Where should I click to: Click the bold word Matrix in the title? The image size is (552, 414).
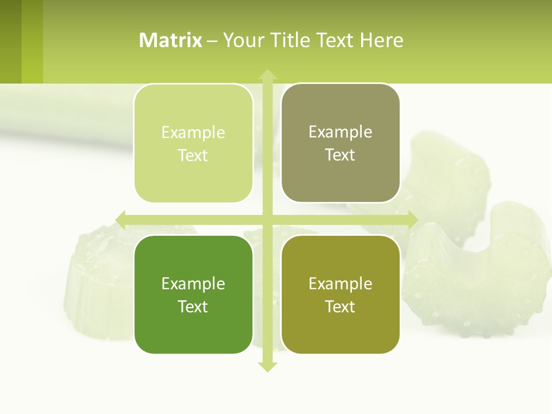(x=171, y=40)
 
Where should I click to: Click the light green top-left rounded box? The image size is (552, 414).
(x=193, y=143)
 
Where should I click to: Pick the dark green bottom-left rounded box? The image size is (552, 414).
(x=193, y=294)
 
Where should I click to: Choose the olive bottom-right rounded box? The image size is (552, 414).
(x=340, y=294)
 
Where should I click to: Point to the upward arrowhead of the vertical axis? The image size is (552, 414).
(x=267, y=74)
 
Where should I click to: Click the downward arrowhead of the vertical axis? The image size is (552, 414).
(x=267, y=367)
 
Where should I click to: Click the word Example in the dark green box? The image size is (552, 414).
(x=193, y=283)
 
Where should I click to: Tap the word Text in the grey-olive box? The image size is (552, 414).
(x=340, y=155)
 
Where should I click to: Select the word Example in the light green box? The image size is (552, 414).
(x=193, y=132)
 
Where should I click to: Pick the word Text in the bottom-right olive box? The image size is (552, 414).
(x=340, y=306)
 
